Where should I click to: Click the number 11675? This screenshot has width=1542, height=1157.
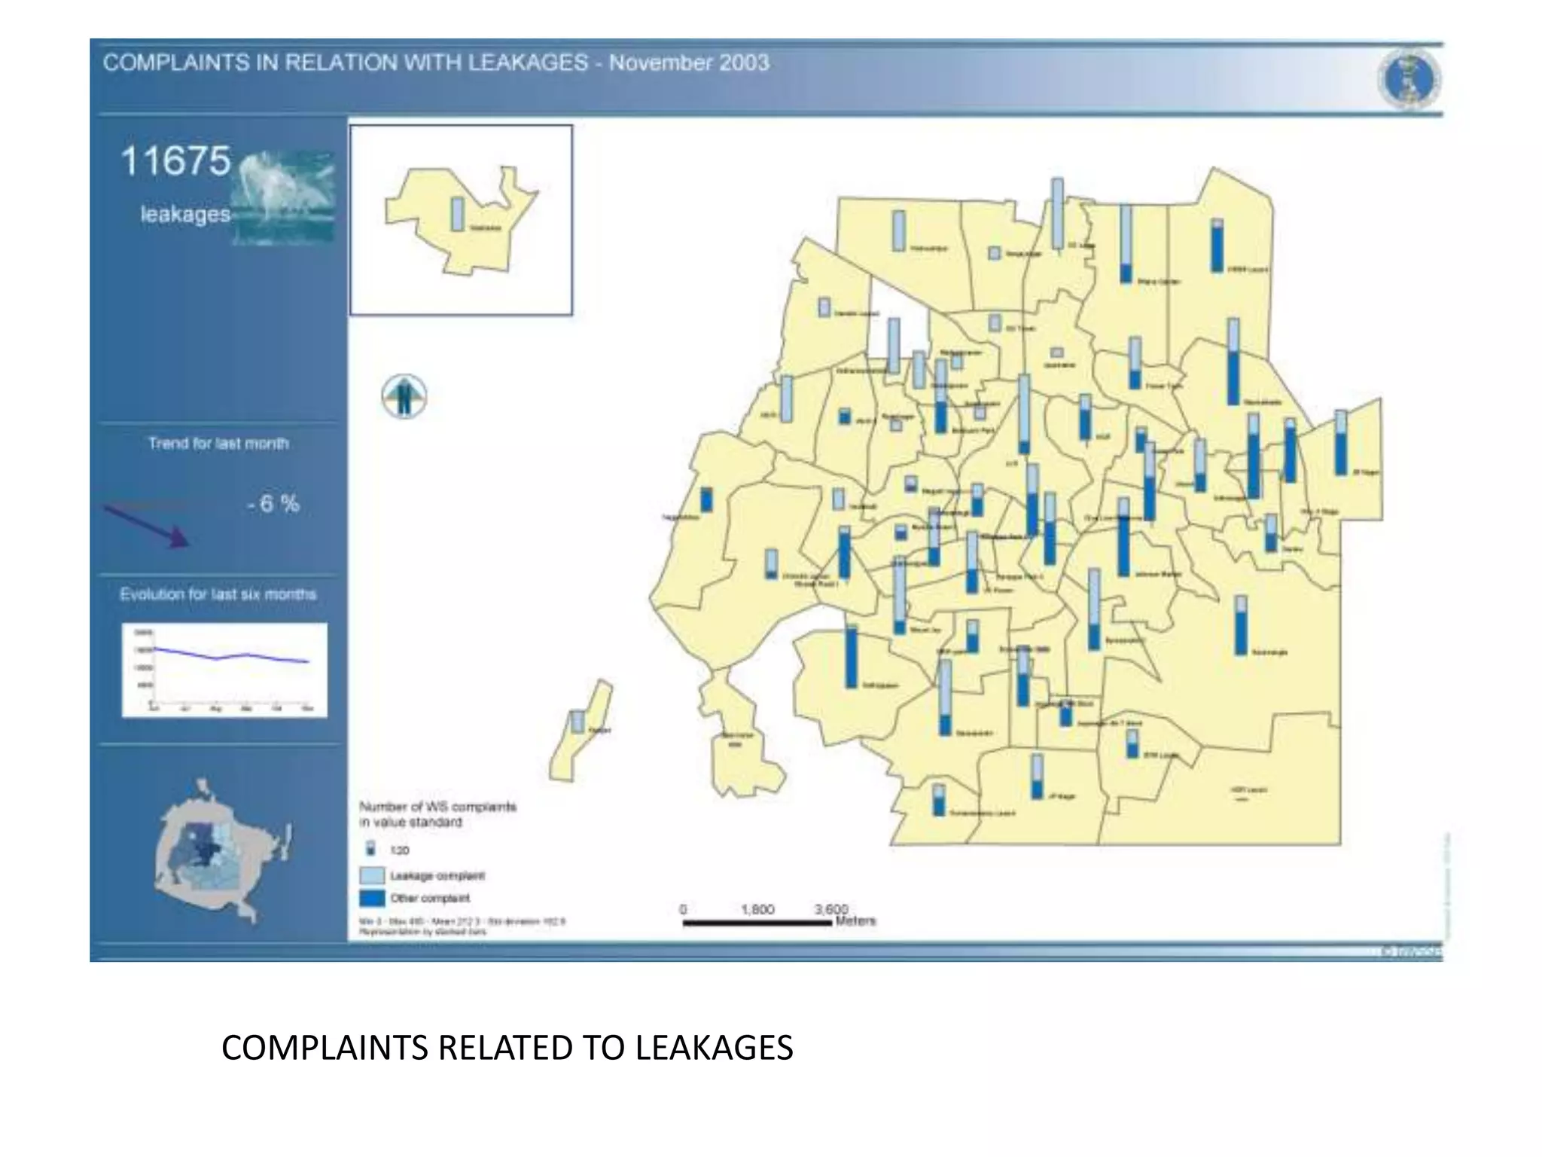click(x=175, y=161)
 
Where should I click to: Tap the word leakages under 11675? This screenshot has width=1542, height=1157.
click(x=185, y=215)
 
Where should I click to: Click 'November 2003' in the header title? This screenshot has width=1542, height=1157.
click(x=688, y=63)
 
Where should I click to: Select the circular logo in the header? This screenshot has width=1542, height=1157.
click(x=1409, y=80)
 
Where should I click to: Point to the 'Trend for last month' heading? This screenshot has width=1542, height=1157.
click(x=218, y=444)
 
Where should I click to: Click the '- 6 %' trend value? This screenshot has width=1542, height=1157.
click(x=273, y=504)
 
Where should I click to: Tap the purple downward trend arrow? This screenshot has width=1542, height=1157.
click(x=147, y=526)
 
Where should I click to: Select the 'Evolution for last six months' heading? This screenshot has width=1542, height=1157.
click(x=218, y=594)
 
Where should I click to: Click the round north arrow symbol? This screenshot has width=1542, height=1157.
click(x=404, y=396)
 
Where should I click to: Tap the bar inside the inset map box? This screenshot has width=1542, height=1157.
click(x=457, y=214)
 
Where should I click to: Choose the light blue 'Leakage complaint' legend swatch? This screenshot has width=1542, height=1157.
click(x=372, y=875)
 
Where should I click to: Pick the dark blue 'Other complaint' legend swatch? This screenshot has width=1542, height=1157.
click(x=372, y=898)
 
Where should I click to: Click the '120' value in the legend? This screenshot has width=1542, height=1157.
click(x=399, y=850)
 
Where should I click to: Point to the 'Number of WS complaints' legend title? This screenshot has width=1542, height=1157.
click(x=437, y=807)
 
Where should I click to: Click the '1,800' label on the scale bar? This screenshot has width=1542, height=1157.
click(x=757, y=909)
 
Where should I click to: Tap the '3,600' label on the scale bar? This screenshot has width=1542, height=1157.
click(x=831, y=909)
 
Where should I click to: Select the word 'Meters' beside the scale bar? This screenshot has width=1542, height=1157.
click(x=856, y=920)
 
